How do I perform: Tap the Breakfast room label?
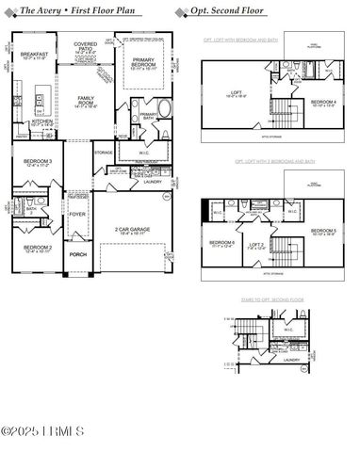click(34, 56)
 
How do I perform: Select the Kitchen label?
click(41, 121)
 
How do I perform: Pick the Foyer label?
click(76, 215)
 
